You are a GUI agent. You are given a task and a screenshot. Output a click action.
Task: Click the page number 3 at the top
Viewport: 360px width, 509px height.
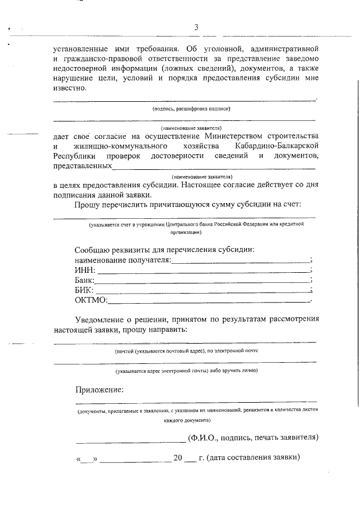[x=196, y=28]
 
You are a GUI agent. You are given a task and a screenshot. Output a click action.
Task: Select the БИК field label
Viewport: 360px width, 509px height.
[x=84, y=290]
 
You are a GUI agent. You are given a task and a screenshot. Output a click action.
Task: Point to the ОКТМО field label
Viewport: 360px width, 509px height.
[x=91, y=300]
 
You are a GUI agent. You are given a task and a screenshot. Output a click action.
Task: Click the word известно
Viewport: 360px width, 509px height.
[x=70, y=88]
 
